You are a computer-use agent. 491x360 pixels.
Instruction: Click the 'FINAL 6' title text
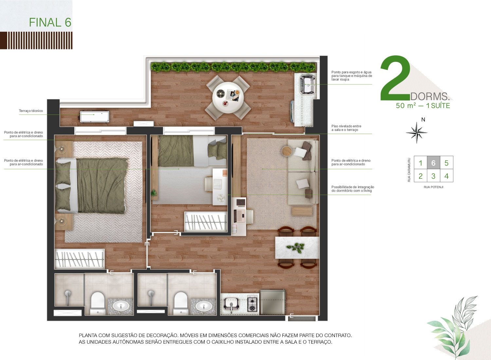pos(50,23)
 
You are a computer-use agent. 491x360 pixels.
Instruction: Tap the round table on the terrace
pos(228,98)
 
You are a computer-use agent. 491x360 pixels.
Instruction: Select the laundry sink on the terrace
pos(307,84)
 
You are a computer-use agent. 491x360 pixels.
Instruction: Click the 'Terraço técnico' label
pos(31,111)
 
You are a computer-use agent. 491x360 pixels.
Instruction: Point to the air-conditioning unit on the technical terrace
pos(94,117)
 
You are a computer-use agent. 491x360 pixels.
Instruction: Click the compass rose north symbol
pos(416,133)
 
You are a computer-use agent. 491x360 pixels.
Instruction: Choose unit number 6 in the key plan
pos(433,163)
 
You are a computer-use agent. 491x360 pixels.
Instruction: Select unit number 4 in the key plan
pos(446,176)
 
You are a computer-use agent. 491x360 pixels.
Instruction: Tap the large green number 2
pos(395,78)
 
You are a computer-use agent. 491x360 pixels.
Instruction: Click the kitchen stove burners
pos(252,303)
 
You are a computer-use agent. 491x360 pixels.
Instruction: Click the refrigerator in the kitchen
pos(272,302)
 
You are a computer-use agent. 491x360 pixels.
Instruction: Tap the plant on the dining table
pos(296,248)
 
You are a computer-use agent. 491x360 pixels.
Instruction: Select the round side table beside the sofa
pos(287,151)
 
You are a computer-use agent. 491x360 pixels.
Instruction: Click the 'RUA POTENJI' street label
pos(434,187)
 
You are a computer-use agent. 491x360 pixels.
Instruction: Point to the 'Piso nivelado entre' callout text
pos(346,126)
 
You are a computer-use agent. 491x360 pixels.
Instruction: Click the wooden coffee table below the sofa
pos(302,211)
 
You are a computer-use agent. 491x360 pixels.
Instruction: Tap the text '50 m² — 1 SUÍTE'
pos(423,106)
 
